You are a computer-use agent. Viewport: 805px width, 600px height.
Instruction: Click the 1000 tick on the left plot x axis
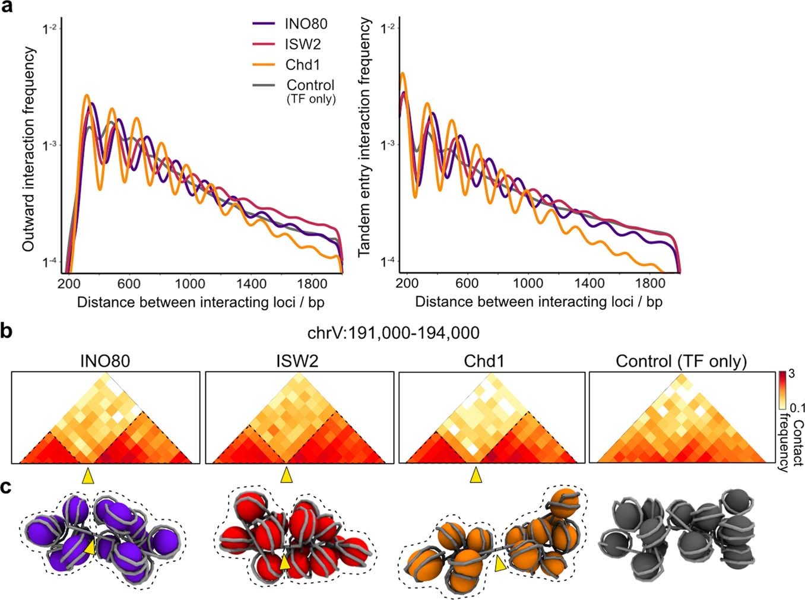tap(189, 284)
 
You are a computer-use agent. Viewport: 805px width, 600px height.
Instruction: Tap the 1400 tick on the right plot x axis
tap(589, 283)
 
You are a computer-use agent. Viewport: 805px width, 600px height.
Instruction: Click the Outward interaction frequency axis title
tap(28, 150)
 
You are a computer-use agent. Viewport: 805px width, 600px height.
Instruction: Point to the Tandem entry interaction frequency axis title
tap(365, 138)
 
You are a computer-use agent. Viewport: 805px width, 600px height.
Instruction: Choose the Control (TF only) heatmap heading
tap(681, 361)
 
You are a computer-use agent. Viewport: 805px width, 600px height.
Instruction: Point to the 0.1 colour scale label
tap(796, 408)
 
